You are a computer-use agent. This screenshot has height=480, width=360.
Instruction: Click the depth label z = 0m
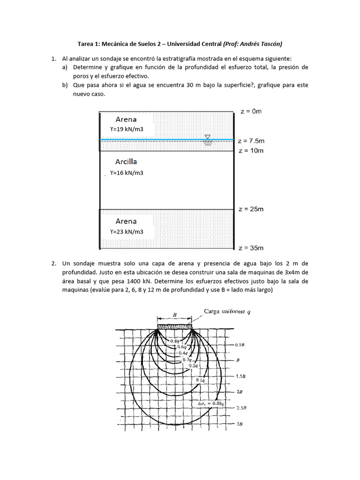click(250, 111)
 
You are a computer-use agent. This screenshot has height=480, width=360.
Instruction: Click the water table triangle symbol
click(208, 137)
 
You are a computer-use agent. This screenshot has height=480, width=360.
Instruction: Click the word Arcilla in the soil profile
click(126, 161)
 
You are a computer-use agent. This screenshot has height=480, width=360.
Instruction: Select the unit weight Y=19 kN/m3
click(126, 129)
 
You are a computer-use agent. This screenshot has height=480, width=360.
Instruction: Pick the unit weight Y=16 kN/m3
click(126, 172)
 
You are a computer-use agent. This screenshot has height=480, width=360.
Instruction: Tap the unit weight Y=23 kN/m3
click(126, 232)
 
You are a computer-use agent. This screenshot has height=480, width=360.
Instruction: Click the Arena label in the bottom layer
click(126, 221)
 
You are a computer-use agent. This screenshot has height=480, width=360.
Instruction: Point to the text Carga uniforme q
click(227, 312)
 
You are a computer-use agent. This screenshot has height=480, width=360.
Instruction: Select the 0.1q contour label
click(199, 381)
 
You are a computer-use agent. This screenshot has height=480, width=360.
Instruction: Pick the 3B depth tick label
click(239, 424)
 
